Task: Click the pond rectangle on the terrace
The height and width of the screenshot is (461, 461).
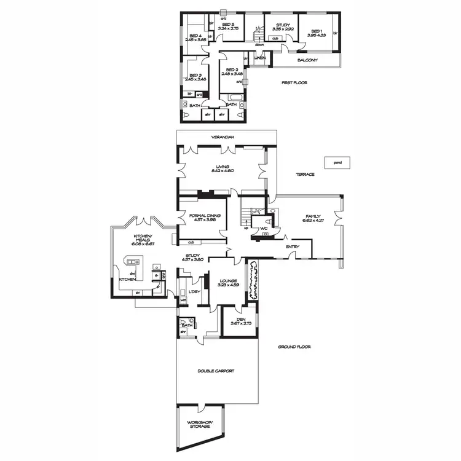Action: point(337,163)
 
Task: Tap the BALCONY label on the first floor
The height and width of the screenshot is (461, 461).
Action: point(307,60)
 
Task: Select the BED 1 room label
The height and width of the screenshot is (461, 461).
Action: point(317,34)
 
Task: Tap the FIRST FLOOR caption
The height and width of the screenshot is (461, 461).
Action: point(294,82)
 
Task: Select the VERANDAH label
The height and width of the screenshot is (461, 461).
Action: point(223,136)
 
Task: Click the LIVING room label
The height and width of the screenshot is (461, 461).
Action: point(222,168)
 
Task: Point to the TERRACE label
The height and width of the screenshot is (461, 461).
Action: point(305,174)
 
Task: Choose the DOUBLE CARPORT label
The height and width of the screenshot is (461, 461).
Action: point(215,371)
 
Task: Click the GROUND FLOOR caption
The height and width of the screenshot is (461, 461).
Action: point(294,347)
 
